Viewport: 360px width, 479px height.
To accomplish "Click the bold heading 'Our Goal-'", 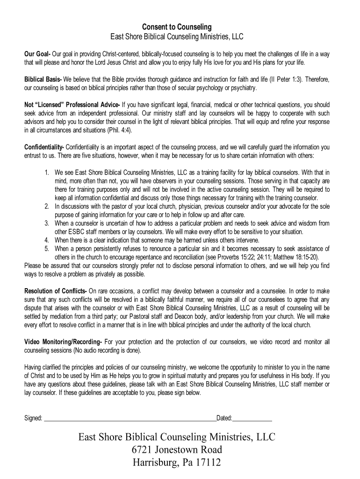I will (37, 54).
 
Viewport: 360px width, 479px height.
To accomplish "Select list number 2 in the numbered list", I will (48, 206).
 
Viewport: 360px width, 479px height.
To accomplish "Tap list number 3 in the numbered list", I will (48, 223).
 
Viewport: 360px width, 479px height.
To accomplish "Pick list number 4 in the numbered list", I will (48, 240).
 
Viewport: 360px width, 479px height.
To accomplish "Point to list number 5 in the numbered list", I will (48, 248).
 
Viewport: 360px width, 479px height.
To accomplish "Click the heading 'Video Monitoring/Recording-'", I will (63, 341).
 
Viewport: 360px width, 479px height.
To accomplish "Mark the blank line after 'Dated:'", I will (252, 418).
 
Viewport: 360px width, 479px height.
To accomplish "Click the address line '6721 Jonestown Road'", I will (177, 450).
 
